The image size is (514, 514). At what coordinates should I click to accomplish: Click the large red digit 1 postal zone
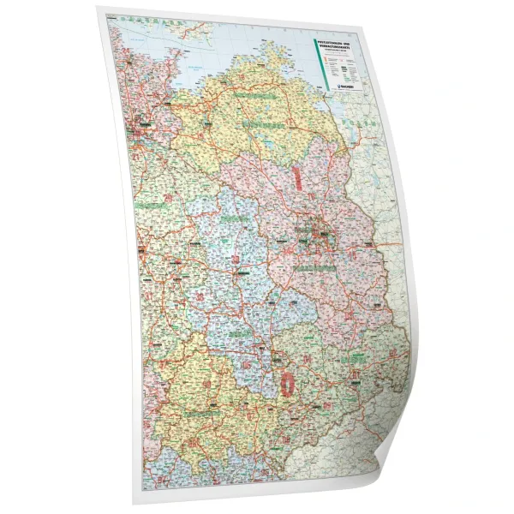[x=297, y=176]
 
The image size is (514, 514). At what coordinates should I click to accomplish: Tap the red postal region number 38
[x=200, y=296]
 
